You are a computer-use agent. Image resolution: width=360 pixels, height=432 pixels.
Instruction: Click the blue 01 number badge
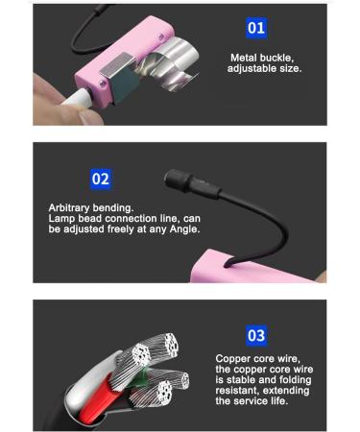pos(256,27)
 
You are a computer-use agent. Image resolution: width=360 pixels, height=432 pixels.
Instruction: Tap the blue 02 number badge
pos(101,179)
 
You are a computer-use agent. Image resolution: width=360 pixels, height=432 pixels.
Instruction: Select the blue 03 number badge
pos(256,335)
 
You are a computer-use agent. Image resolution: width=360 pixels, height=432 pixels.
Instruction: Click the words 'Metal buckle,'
pos(259,58)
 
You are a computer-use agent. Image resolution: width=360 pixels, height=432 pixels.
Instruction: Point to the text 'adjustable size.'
pos(265,70)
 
